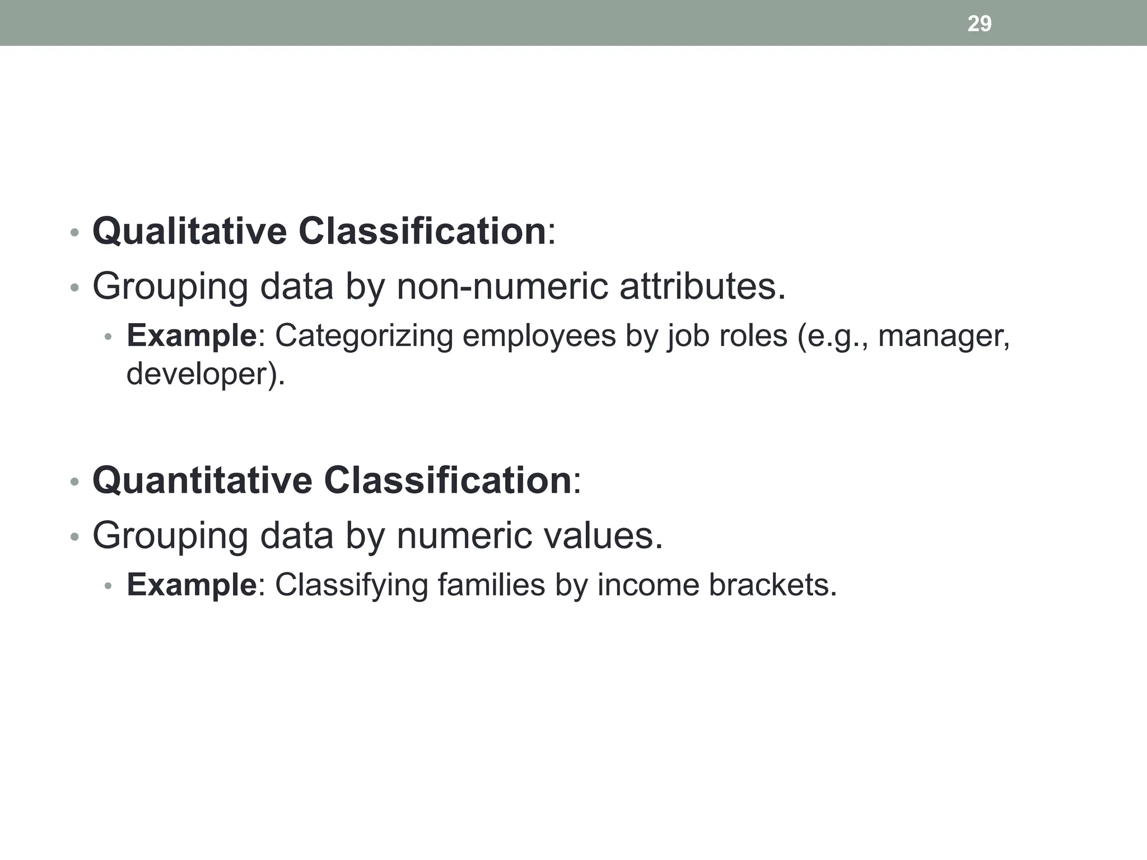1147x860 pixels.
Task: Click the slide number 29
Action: coord(979,24)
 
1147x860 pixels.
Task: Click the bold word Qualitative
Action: coord(189,231)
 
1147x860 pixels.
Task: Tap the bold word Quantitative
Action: coord(202,480)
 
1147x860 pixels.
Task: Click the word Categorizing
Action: coord(363,336)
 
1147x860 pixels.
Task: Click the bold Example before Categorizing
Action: coord(192,336)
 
